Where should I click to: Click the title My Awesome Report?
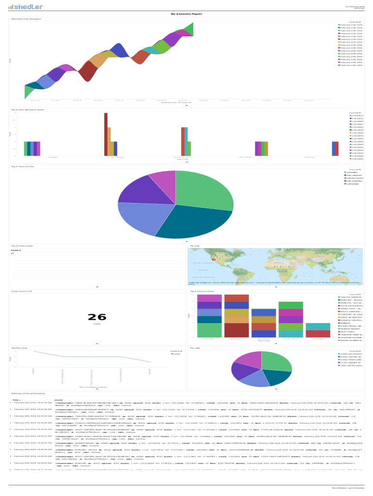point(186,14)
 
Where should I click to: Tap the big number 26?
point(97,317)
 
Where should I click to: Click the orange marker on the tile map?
point(213,260)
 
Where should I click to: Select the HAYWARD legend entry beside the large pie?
point(353,172)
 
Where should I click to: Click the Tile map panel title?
point(195,246)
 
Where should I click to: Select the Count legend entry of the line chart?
point(176,354)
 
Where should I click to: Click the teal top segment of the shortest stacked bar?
point(318,326)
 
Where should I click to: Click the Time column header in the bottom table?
point(16,400)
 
